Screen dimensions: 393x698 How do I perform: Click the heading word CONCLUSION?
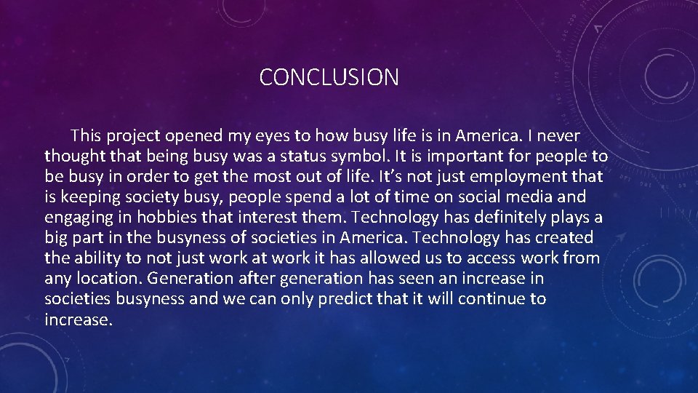click(329, 77)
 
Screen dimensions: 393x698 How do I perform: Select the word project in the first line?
click(134, 136)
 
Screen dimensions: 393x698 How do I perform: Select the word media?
click(531, 197)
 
